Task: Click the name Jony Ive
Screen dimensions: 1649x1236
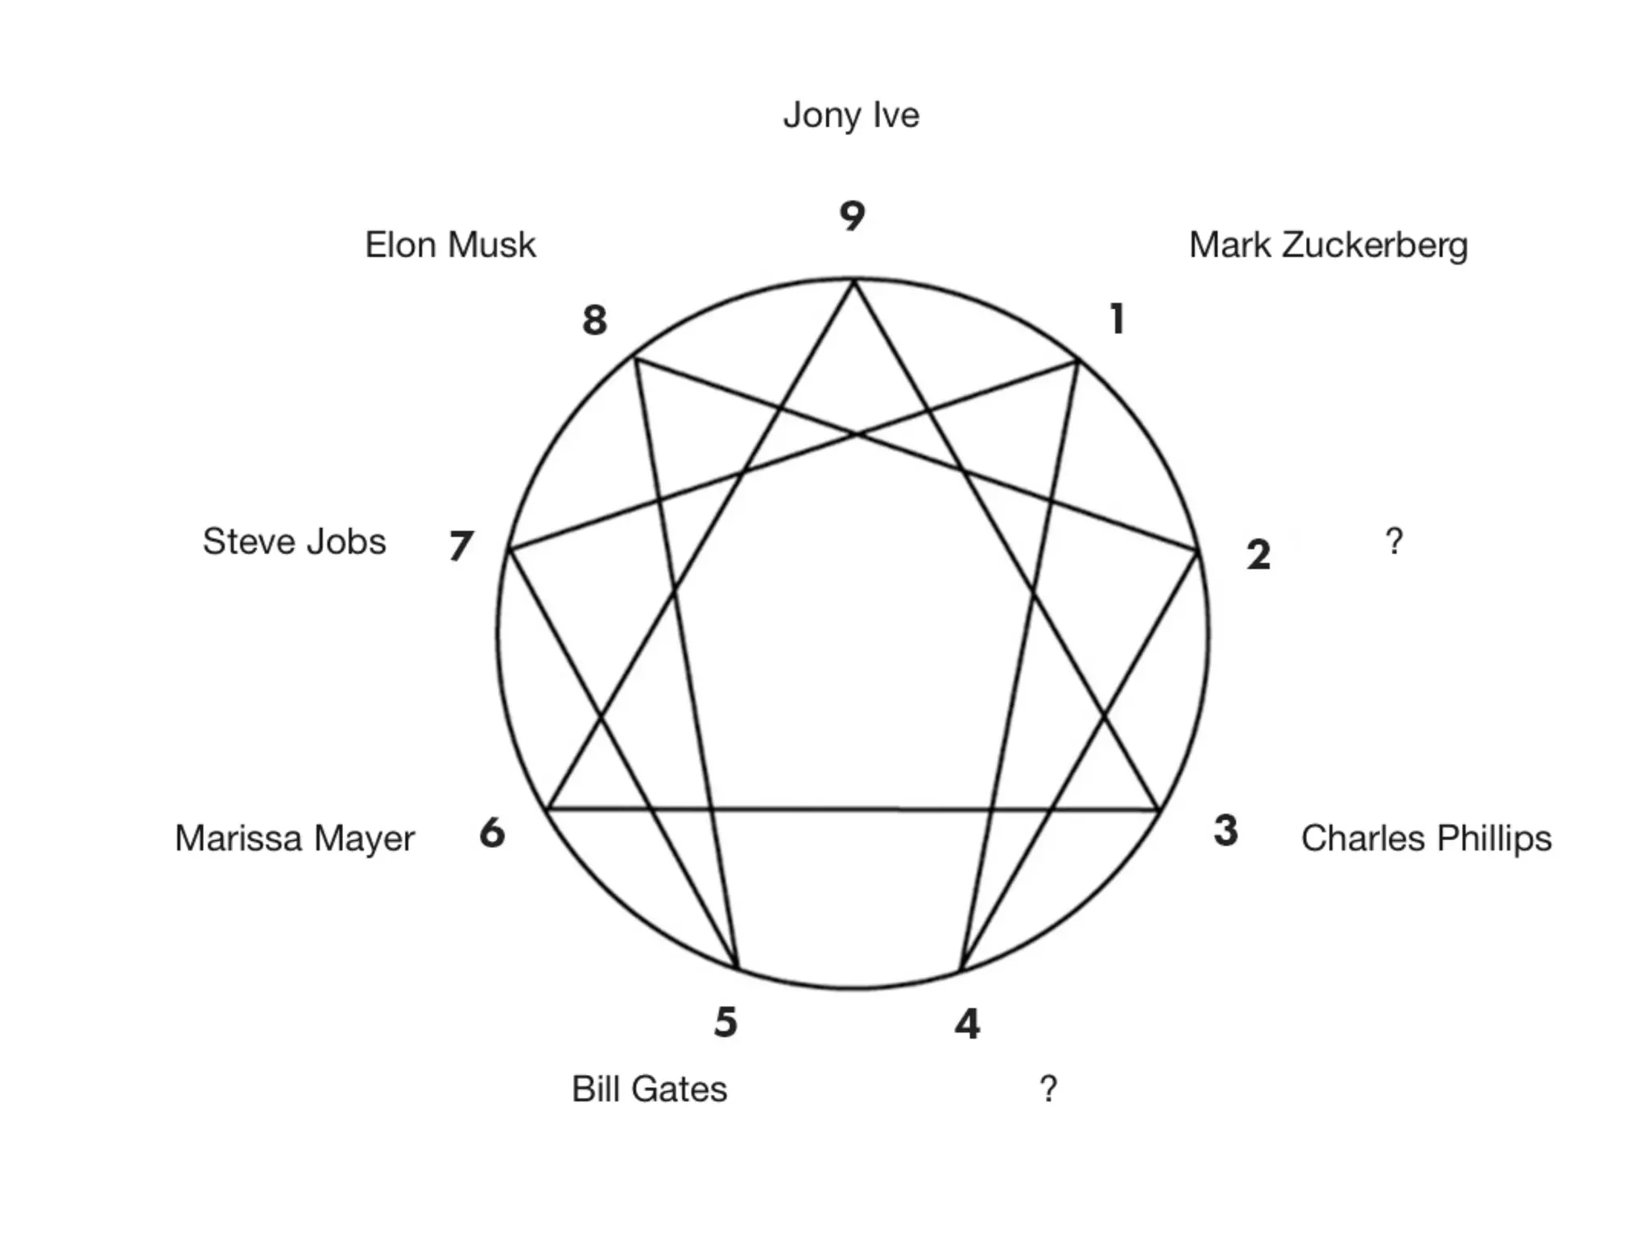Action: tap(851, 116)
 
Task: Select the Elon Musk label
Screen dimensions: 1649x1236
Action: tap(450, 245)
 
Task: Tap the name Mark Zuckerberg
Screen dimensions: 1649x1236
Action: tap(1329, 245)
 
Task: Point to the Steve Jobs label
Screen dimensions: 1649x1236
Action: tap(294, 542)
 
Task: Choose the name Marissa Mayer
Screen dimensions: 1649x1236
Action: tap(295, 838)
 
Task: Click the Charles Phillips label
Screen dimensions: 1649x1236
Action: tap(1426, 838)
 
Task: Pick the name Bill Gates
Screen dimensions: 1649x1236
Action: tap(649, 1090)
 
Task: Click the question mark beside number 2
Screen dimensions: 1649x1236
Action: tap(1395, 542)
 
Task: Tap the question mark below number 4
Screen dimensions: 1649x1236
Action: tap(1048, 1090)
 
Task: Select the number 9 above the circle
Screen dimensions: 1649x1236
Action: tap(852, 216)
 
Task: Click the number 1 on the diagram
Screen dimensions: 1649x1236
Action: tap(1116, 319)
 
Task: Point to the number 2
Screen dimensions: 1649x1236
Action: tap(1258, 555)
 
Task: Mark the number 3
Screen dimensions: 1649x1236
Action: tap(1225, 831)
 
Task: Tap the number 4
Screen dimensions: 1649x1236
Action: tap(967, 1024)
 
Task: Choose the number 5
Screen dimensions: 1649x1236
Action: tap(725, 1023)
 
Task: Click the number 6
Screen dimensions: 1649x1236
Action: tap(492, 833)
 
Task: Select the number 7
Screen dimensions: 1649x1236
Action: tap(461, 546)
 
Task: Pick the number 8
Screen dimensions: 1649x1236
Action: tap(594, 320)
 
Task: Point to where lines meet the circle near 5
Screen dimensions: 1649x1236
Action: tap(737, 968)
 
